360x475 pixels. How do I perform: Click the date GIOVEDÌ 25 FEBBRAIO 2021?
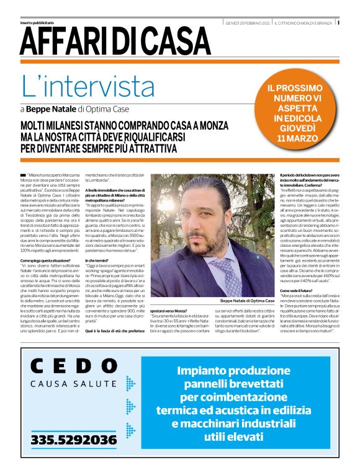coord(248,24)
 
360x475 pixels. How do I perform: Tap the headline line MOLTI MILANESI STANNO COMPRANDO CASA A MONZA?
coord(124,126)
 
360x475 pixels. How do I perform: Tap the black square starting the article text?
coord(23,177)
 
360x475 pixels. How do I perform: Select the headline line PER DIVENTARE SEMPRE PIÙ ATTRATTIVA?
coord(98,149)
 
